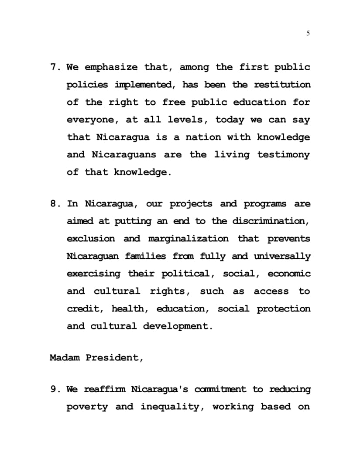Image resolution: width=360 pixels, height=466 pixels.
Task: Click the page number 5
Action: [x=308, y=34]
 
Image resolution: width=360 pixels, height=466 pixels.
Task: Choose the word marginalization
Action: [x=188, y=239]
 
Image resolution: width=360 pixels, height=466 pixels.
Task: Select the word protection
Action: [x=283, y=308]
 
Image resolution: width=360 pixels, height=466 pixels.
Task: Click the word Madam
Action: [x=65, y=358]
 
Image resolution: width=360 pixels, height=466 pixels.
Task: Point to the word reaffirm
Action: [x=104, y=389]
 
